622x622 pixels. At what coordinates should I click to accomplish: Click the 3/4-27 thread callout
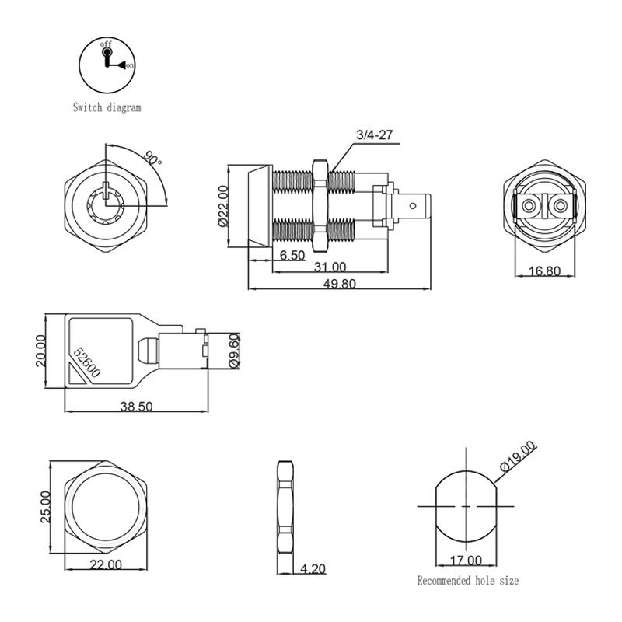click(x=374, y=135)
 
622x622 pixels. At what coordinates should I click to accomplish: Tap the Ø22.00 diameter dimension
click(x=223, y=206)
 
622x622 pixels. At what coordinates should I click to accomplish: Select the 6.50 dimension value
click(x=292, y=255)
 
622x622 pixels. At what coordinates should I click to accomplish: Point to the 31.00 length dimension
click(x=330, y=267)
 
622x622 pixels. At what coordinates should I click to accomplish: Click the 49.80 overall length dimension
click(x=339, y=284)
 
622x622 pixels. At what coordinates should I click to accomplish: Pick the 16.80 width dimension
click(x=545, y=271)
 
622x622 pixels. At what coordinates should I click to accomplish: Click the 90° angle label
click(x=152, y=158)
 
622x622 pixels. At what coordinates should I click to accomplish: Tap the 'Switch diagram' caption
click(x=107, y=107)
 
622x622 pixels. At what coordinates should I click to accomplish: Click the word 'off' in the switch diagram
click(x=106, y=44)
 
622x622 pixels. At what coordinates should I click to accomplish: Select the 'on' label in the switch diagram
click(x=130, y=65)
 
